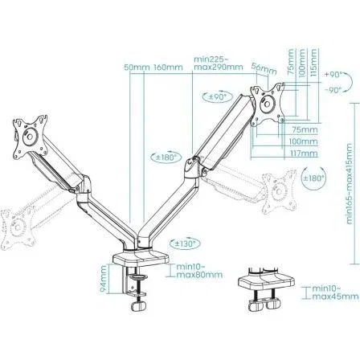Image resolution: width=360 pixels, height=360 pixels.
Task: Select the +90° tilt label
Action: (334, 73)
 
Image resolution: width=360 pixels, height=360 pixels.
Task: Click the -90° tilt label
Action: (334, 90)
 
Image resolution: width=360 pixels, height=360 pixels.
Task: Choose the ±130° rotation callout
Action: (185, 241)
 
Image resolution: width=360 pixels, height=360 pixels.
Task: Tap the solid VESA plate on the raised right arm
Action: (267, 103)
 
